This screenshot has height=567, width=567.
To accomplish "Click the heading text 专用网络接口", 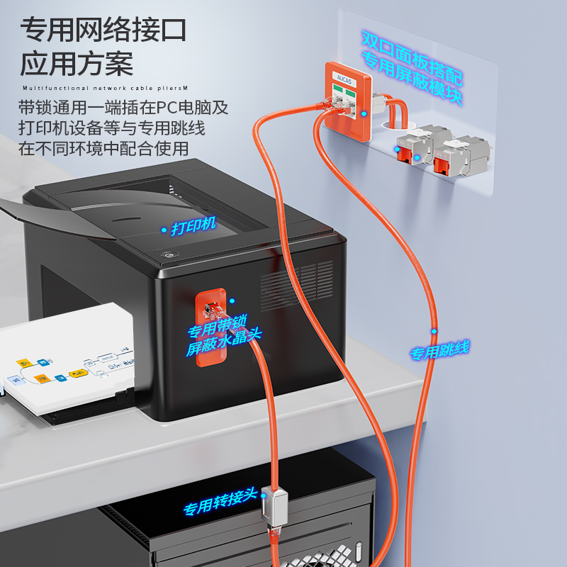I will click(103, 30).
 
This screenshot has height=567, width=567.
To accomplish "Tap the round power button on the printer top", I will click(169, 255).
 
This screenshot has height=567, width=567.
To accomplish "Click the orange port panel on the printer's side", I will click(210, 326).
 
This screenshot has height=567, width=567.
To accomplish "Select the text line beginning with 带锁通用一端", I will click(123, 108).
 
